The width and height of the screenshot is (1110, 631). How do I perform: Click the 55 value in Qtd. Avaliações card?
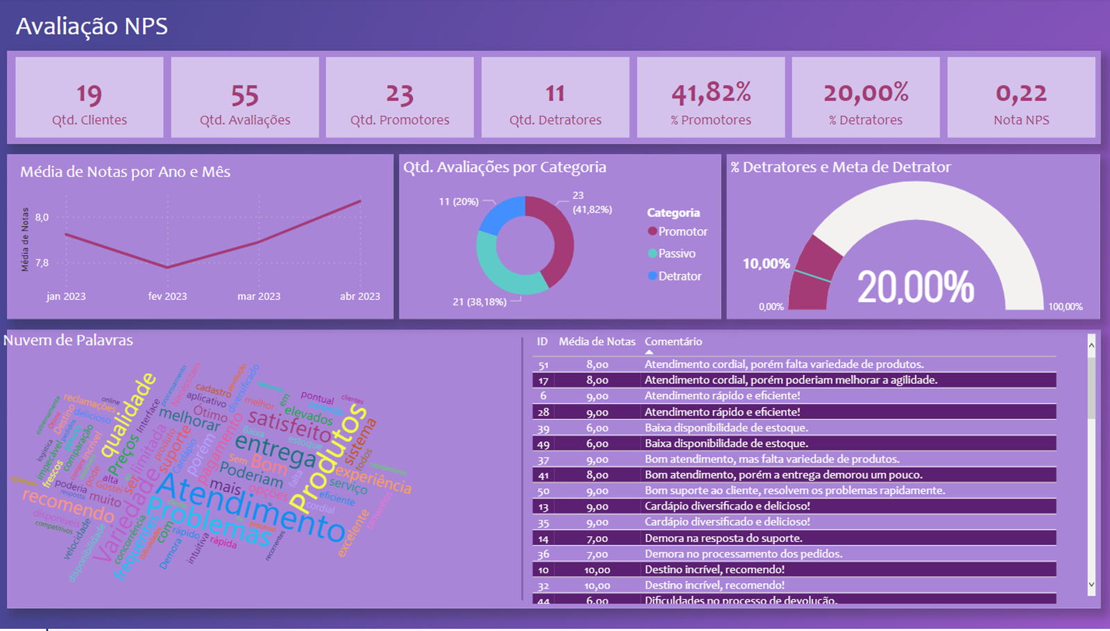tap(245, 94)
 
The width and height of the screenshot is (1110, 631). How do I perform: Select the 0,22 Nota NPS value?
tap(1021, 93)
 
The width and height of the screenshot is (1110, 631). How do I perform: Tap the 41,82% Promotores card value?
tap(711, 93)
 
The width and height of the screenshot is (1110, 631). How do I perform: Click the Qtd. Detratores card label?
tap(555, 120)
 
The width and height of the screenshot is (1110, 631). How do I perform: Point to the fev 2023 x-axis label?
tap(167, 296)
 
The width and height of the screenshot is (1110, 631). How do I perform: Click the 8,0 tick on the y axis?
tap(42, 217)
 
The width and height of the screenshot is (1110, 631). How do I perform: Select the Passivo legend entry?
tap(676, 254)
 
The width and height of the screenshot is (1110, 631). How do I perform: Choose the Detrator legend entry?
tap(679, 276)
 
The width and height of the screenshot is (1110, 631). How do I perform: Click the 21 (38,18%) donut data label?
tap(479, 302)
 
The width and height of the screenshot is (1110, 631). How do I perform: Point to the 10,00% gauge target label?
tap(766, 264)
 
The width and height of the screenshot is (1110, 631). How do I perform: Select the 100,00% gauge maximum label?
tap(1065, 307)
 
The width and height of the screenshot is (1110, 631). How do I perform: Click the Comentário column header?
tap(673, 342)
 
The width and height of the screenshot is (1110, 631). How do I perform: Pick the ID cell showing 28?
tap(543, 412)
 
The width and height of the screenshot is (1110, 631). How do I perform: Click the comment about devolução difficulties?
tap(740, 600)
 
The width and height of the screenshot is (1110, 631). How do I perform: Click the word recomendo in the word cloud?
tap(68, 505)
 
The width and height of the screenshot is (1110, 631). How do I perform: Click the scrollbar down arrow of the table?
tap(1091, 584)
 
